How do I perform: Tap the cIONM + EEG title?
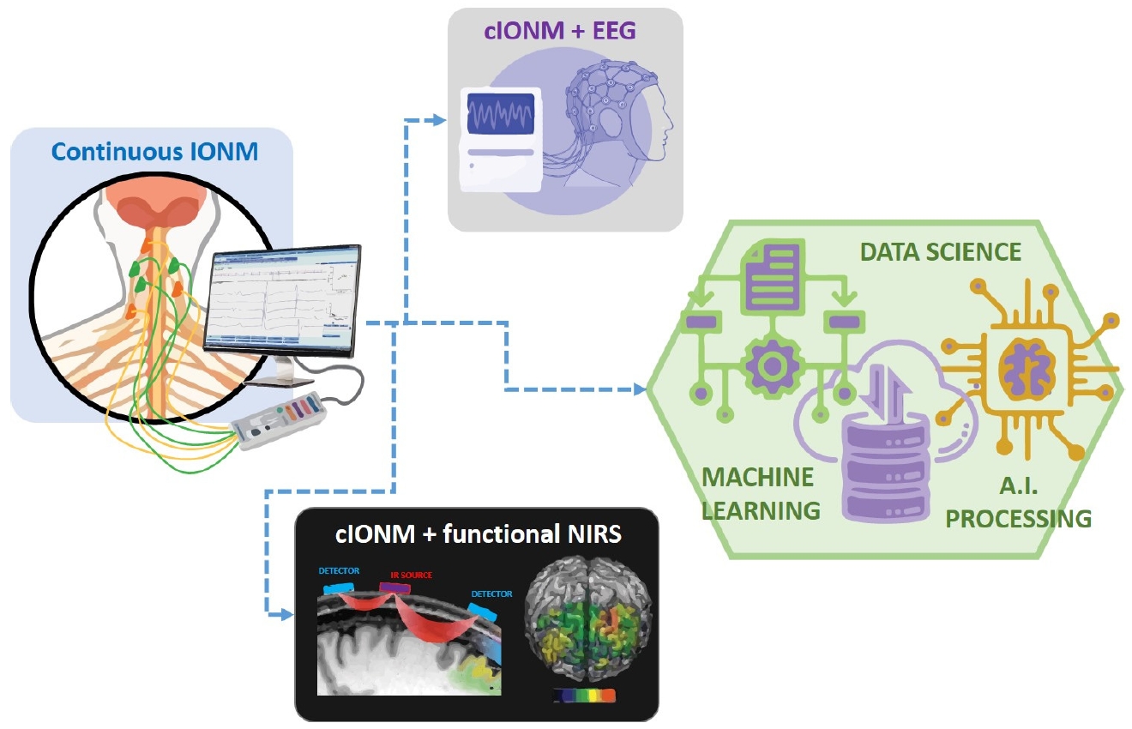pos(565,33)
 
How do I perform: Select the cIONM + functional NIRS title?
pos(478,534)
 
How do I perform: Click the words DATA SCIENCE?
pos(941,251)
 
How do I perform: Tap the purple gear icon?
pos(774,364)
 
